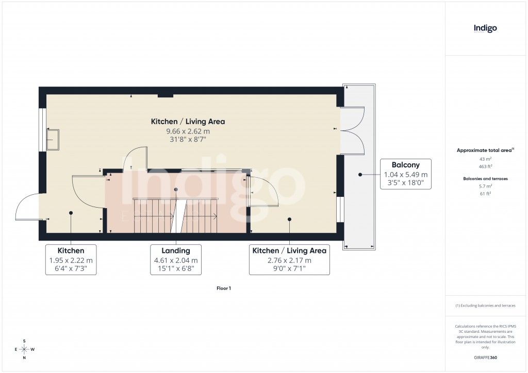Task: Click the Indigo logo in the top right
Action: [x=485, y=28]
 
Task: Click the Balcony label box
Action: [x=405, y=174]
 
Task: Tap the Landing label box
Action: [x=176, y=259]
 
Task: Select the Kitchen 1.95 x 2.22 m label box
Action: [x=71, y=259]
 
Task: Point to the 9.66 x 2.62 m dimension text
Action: [x=188, y=131]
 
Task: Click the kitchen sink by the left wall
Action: [x=53, y=139]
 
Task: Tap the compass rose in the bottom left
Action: [x=24, y=349]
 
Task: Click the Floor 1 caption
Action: [x=224, y=289]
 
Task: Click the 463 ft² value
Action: [x=486, y=167]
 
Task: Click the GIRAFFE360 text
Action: [x=486, y=358]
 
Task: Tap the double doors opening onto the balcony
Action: [x=353, y=130]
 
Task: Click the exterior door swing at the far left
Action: [x=27, y=207]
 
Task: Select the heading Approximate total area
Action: [x=485, y=150]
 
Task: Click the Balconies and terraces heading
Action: [x=486, y=178]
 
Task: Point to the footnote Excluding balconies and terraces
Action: [x=485, y=306]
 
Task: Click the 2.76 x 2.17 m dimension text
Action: [x=289, y=260]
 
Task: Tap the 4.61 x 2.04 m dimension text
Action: [x=176, y=260]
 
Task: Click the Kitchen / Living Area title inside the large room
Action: [x=188, y=122]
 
